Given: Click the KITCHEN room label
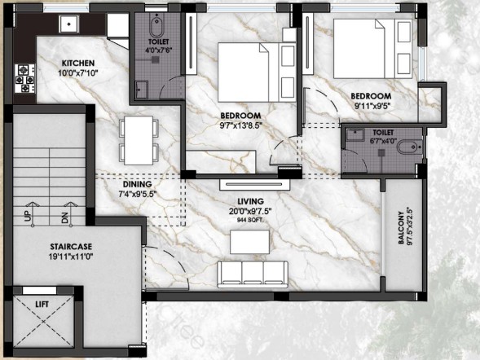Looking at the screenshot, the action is pos(78,64).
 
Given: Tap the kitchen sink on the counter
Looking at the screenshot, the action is pos(69,24).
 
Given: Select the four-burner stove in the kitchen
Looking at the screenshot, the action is pos(25,78).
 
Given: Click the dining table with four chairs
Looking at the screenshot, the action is pos(139,140).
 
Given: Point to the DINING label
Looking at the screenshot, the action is pos(138,184).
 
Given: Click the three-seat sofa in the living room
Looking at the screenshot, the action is pos(253,274).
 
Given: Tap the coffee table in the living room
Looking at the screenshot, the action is pos(250,242).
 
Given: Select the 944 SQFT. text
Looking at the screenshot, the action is pos(250,219).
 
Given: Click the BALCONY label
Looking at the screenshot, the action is pos(401,227).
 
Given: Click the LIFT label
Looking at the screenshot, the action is pos(42,305).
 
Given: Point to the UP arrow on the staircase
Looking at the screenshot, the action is pos(32,214).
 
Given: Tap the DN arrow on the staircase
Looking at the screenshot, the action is pos(71,214).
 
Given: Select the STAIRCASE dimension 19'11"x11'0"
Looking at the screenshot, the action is pos(71,257).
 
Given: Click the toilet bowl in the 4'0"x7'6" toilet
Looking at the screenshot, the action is pos(156,26).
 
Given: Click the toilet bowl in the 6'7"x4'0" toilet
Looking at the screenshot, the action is pos(410,147).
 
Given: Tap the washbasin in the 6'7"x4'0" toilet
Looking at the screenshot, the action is pos(354,134).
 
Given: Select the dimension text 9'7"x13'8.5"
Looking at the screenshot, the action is pos(241,125).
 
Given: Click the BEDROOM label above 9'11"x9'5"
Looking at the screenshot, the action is pos(371,96).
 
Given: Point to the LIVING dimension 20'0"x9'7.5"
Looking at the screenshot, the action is pos(250,211).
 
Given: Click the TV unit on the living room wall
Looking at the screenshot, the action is pos(255,184).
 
